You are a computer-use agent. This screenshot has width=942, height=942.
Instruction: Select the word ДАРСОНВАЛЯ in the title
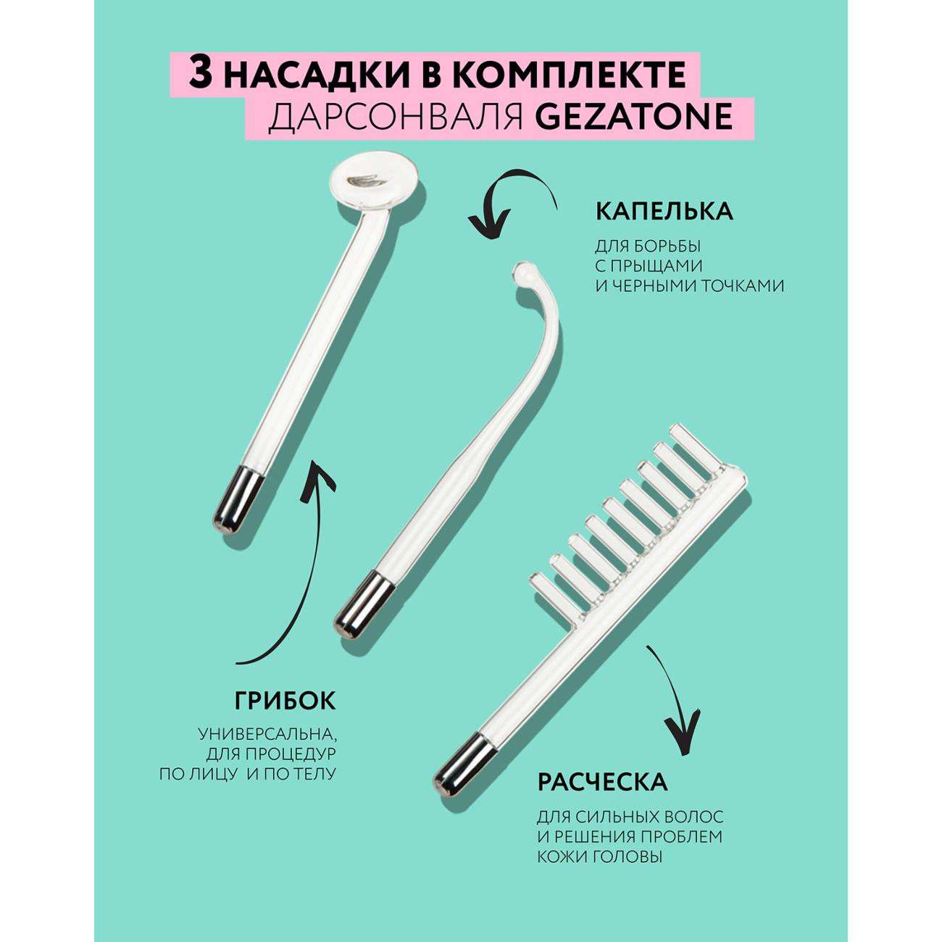click(x=396, y=117)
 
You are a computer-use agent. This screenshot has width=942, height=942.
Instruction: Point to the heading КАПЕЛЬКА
click(x=664, y=211)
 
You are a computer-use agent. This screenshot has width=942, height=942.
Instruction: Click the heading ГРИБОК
click(x=285, y=701)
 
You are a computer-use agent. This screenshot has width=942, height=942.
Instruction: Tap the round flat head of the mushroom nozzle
click(x=376, y=184)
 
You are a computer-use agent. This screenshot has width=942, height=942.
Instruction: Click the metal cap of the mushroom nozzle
click(x=238, y=499)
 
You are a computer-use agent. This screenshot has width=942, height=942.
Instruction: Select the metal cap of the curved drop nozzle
click(x=363, y=605)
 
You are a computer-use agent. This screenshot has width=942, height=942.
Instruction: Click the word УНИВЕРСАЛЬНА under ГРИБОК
click(x=267, y=734)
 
